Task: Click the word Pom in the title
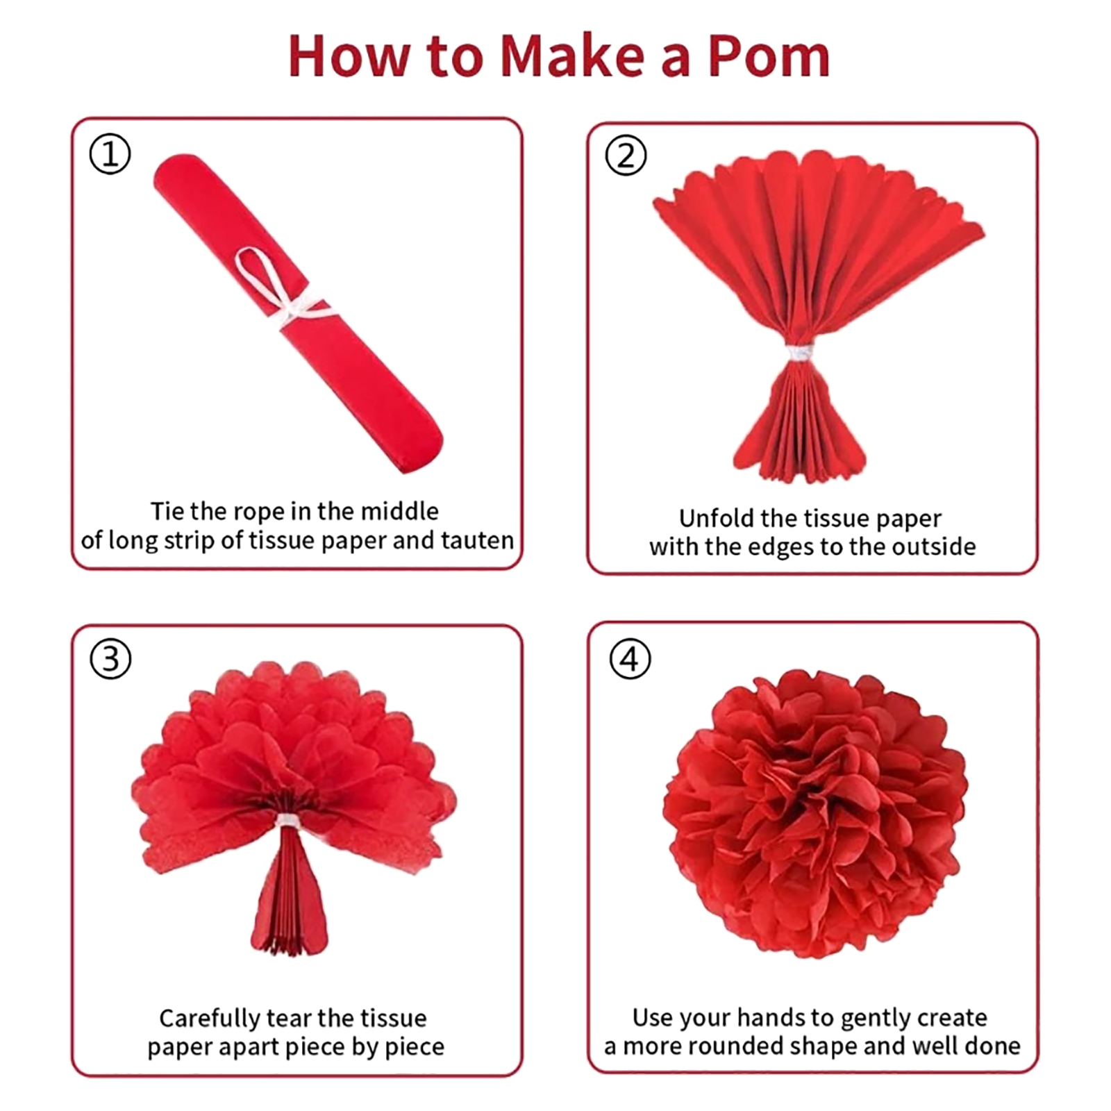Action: (769, 56)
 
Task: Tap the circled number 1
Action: (110, 154)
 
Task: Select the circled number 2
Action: (626, 156)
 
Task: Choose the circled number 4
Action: (630, 659)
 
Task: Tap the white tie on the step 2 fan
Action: (799, 353)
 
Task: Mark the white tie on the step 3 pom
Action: (286, 821)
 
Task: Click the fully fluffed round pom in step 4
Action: (815, 814)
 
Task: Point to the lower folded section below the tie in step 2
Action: (799, 422)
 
